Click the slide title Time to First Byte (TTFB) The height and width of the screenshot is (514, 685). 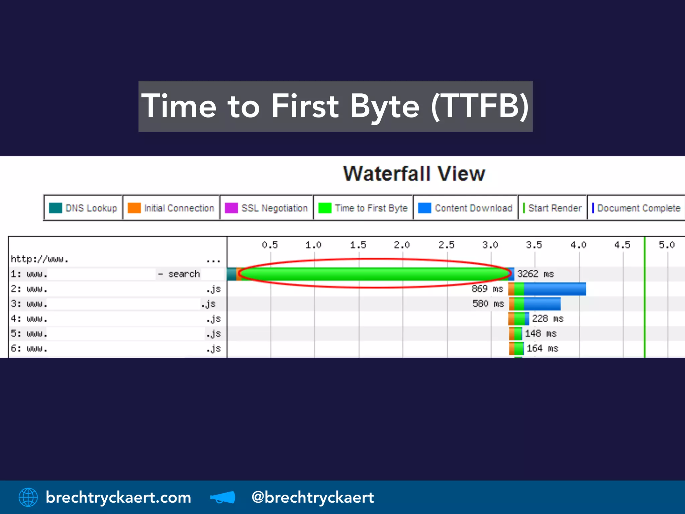335,106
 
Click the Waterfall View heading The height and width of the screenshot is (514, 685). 414,174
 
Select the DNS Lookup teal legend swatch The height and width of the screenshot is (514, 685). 55,208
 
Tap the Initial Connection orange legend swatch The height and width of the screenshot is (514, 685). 134,208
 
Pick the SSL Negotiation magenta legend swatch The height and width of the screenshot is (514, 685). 231,208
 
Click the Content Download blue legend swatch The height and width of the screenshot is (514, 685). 424,208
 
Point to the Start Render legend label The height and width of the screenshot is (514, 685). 555,208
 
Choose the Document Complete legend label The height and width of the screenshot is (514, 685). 639,208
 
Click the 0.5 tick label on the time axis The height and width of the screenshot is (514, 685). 270,245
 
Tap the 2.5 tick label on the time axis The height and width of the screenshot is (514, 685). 447,245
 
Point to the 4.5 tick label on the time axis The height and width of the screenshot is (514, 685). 622,245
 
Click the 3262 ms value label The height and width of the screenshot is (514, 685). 535,274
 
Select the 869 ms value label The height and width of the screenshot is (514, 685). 487,289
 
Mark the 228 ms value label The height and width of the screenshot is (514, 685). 548,319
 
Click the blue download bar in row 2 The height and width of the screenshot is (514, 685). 555,289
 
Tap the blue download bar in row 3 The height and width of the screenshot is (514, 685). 542,304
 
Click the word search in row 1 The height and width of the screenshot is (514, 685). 184,274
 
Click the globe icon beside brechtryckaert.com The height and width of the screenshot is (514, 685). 28,497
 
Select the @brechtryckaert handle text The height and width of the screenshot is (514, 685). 312,497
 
